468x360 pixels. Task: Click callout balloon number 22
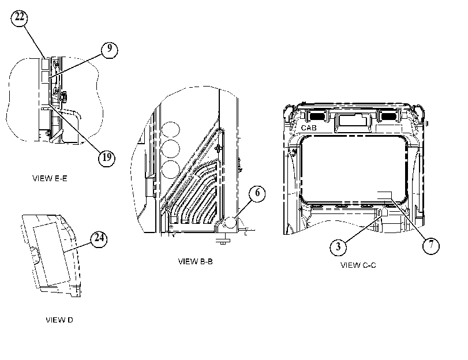point(20,18)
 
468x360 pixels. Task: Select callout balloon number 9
point(109,50)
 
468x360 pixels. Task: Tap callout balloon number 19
point(107,157)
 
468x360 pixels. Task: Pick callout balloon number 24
point(99,239)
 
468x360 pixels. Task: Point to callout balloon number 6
point(257,193)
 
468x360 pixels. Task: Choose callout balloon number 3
point(338,247)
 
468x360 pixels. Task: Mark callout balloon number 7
point(431,246)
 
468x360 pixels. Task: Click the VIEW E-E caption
point(50,178)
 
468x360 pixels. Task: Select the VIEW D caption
point(59,320)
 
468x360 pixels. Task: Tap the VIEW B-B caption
point(196,261)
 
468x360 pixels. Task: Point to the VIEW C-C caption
point(358,265)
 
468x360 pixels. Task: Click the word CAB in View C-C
point(309,127)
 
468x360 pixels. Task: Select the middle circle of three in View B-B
point(171,149)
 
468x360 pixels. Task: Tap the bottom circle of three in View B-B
point(171,170)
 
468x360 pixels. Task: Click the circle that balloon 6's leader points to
point(230,223)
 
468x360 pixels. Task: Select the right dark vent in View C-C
point(388,115)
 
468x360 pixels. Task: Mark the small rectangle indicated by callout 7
point(384,196)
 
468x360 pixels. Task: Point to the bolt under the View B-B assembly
point(223,239)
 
